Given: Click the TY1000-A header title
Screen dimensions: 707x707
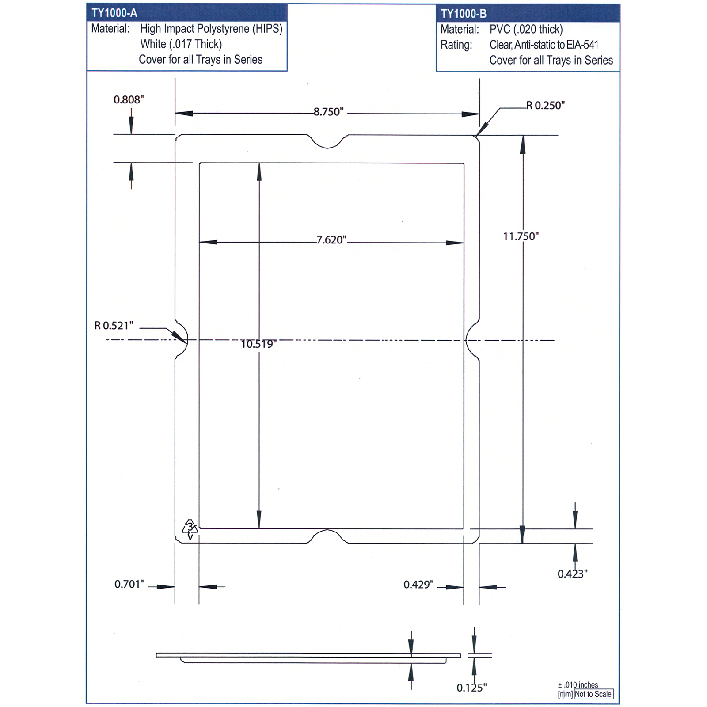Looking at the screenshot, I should [x=114, y=13].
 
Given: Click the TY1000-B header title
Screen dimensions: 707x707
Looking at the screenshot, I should [x=464, y=14].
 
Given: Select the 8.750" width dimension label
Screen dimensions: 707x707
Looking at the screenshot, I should [x=328, y=112].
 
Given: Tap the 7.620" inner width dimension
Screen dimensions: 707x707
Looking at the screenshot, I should [x=331, y=240].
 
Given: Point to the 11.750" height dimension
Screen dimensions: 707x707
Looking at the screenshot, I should [x=521, y=236].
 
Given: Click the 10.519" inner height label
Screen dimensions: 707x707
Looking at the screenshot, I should [x=258, y=344].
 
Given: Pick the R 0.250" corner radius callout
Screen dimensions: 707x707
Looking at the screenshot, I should [x=545, y=105].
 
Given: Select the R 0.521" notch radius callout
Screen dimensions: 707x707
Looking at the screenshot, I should [x=114, y=326].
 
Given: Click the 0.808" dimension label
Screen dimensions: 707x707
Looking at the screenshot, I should [x=129, y=99].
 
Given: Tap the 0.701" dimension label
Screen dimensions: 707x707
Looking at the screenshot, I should [x=129, y=584].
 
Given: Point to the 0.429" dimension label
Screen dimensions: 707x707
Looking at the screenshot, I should [x=418, y=585].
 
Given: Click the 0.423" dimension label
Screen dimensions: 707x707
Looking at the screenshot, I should [x=572, y=574].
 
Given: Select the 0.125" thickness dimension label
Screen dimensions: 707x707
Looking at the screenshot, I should [x=471, y=688].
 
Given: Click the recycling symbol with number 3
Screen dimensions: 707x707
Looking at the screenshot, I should [x=190, y=529].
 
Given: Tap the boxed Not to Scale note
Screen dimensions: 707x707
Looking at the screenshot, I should [x=593, y=694].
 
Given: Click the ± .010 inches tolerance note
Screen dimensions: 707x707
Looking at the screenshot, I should [x=578, y=685].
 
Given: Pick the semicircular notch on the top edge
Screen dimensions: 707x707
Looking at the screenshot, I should [x=327, y=141].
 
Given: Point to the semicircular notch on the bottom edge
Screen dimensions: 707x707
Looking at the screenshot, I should [x=327, y=536].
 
